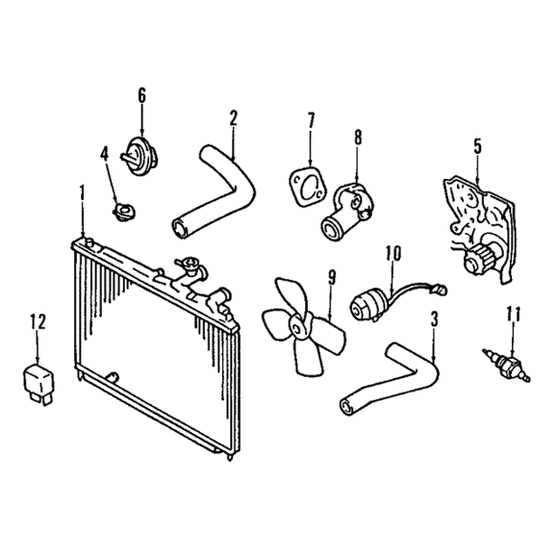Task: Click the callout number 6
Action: tap(141, 95)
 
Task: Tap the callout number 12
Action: tap(38, 322)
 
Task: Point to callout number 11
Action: tap(513, 314)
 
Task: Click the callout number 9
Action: tap(332, 278)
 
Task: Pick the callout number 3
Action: tap(434, 319)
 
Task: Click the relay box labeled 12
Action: tap(38, 382)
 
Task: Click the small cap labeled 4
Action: tap(123, 211)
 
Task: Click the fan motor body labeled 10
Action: tap(367, 306)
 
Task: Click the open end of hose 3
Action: tap(346, 406)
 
